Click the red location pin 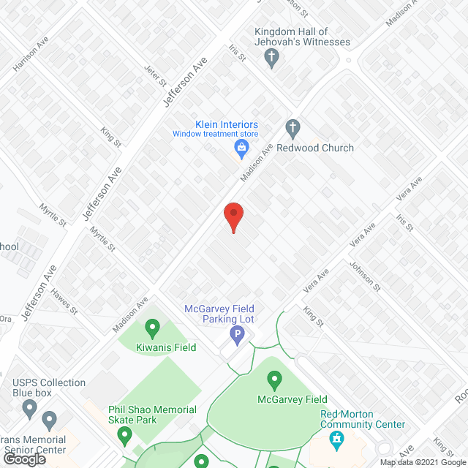[233, 216]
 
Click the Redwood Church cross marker [292, 129]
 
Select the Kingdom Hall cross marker [272, 58]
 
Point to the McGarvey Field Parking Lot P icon [237, 336]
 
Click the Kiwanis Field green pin [153, 328]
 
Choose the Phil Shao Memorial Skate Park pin [124, 436]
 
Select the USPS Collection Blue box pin [29, 407]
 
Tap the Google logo [26, 459]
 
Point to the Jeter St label [156, 75]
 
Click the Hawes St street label [64, 301]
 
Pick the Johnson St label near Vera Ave [363, 276]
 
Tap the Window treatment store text [216, 134]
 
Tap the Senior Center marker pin [49, 420]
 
